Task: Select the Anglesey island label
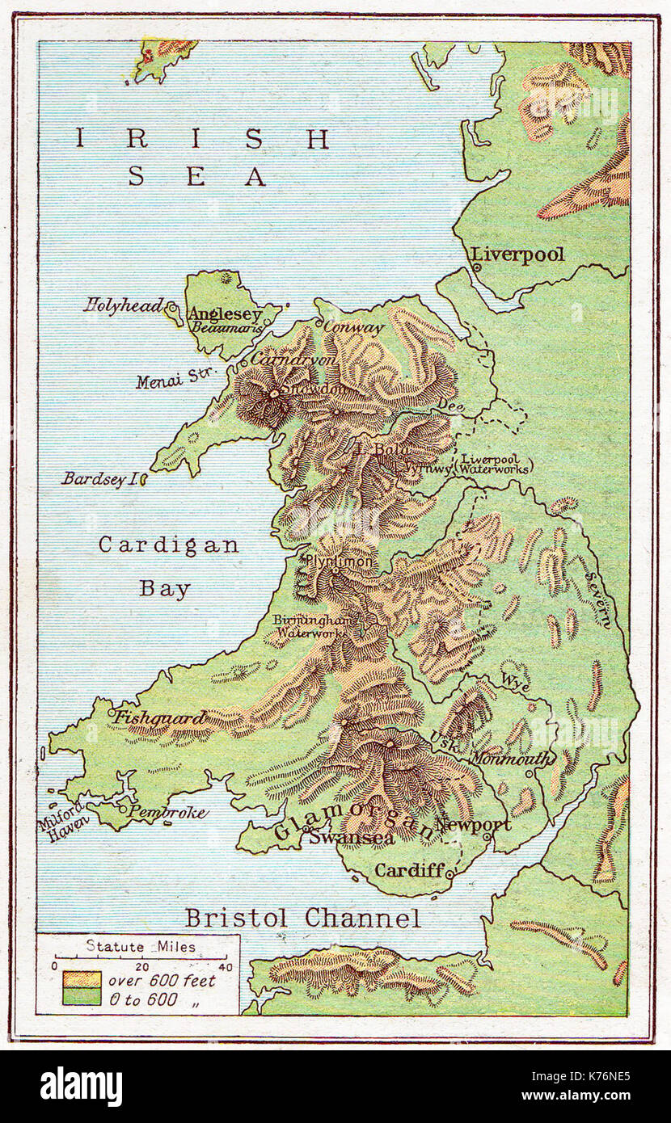[225, 314]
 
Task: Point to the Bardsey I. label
[100, 479]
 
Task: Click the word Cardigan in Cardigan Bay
[168, 545]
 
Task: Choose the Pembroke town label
[168, 813]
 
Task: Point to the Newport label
[473, 825]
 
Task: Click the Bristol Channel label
[302, 919]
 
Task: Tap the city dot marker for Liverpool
[477, 267]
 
